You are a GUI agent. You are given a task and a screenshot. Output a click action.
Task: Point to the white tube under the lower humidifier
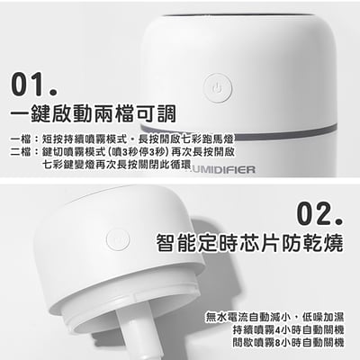click(143, 337)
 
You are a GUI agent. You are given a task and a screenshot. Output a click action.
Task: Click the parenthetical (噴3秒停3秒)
click(121, 154)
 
